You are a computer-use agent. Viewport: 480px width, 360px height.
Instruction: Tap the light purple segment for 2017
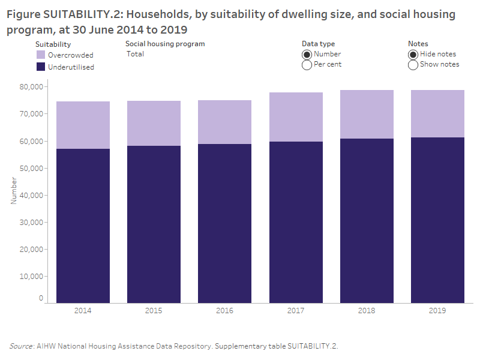(296, 117)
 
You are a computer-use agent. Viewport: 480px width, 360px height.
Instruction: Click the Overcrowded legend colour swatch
(41, 55)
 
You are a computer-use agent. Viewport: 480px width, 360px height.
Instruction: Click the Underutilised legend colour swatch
(41, 67)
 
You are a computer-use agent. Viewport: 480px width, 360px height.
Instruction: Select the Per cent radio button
(307, 65)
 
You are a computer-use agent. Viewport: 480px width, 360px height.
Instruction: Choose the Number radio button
(307, 54)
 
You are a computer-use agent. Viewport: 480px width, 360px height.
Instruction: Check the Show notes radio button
(413, 65)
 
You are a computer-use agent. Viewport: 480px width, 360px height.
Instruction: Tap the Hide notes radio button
(413, 54)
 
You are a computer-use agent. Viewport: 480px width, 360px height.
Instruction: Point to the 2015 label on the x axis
(154, 311)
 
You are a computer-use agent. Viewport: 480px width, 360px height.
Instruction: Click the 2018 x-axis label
(367, 311)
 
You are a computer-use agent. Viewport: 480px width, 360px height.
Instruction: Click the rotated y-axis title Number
(13, 190)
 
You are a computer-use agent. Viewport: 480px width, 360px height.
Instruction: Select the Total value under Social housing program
(136, 54)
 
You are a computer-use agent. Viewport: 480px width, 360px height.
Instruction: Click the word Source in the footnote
(21, 346)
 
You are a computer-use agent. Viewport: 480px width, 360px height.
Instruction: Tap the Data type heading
(318, 44)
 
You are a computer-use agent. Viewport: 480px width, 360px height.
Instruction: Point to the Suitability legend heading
(53, 44)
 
